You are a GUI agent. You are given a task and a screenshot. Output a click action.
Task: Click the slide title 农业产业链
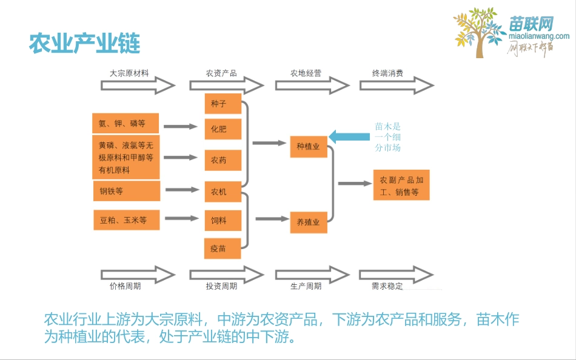[85, 44]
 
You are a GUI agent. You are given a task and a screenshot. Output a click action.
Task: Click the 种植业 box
[309, 147]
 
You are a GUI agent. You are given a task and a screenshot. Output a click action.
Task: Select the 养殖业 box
[309, 222]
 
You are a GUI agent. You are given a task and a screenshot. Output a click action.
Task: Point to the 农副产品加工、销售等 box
[401, 186]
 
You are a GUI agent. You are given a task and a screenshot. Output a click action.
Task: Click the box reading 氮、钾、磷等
[126, 124]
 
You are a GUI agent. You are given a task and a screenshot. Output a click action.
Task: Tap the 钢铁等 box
[126, 191]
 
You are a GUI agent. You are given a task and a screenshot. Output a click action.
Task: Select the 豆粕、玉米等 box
[126, 220]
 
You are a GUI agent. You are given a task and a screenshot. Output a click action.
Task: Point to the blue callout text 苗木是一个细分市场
[388, 137]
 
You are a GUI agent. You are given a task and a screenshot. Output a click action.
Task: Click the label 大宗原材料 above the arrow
[129, 73]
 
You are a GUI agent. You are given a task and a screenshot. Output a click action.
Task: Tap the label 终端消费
[388, 73]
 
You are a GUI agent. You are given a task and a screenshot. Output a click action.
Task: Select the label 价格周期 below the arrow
[125, 285]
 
